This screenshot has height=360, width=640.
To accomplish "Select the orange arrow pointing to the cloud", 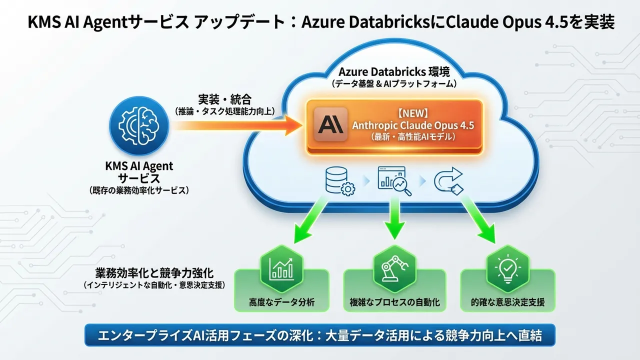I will pos(235,124).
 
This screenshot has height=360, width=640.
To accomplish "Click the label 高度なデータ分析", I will pos(282,302).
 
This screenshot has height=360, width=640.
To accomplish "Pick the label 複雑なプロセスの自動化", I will pos(394,302).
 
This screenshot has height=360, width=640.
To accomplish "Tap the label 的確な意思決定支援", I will pos(507,302).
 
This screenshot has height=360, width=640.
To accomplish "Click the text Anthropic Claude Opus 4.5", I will pos(413,125).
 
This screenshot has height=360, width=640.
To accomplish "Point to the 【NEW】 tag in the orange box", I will pos(413,113).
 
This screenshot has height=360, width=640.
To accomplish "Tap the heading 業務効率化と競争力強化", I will pos(154,273).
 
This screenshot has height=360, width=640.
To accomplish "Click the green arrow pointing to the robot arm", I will pos(394,217).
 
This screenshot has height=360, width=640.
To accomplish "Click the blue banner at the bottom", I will pos(320,335).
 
